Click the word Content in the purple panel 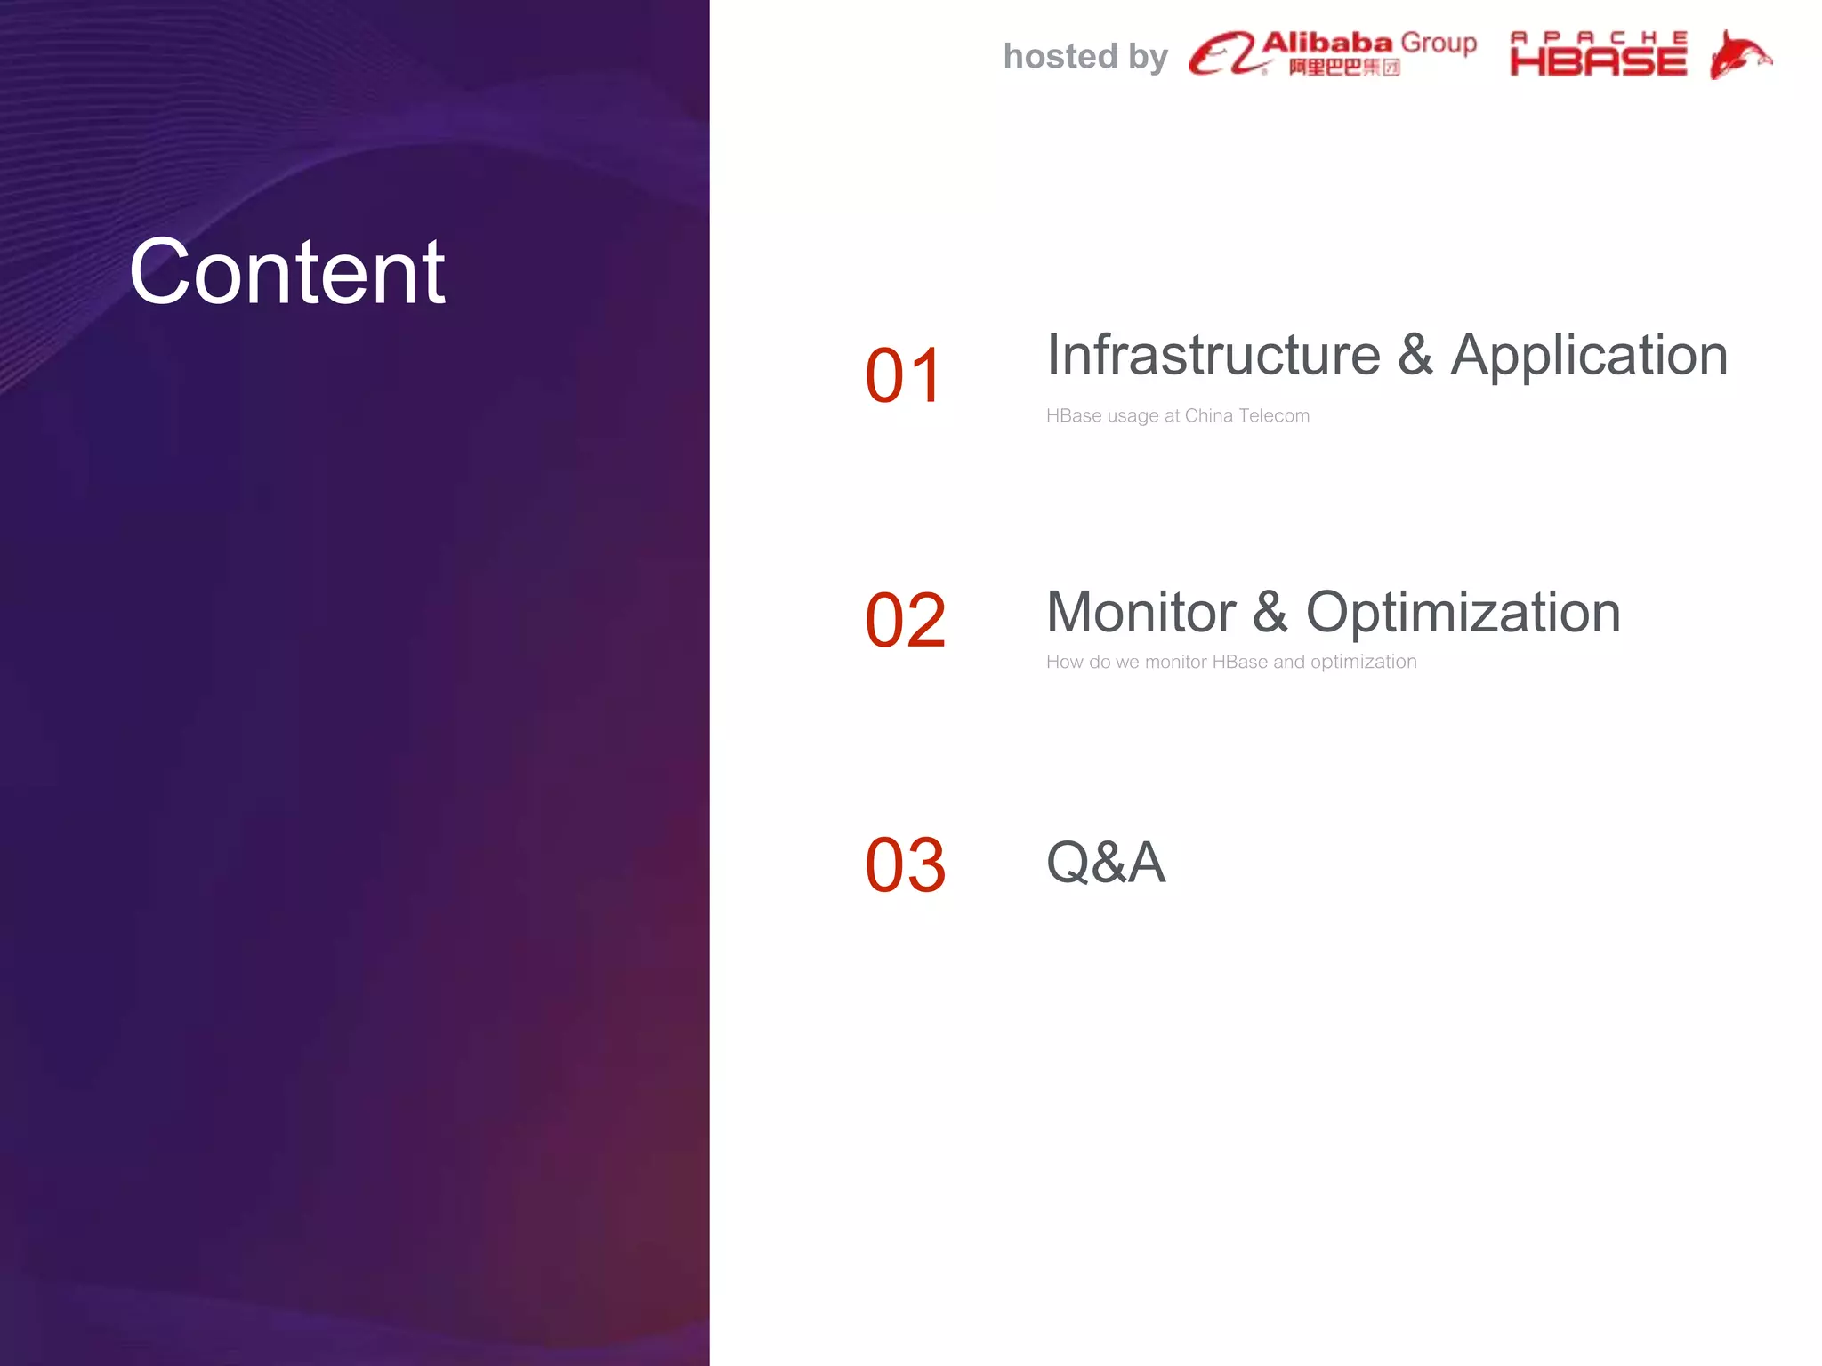(x=286, y=272)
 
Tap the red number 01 (x=903, y=376)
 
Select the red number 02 (x=905, y=621)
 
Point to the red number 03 (x=905, y=865)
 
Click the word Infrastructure (x=1213, y=355)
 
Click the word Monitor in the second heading (x=1141, y=613)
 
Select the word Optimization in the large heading (x=1463, y=614)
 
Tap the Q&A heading (x=1105, y=863)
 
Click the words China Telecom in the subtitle (x=1246, y=415)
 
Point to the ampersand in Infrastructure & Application (x=1415, y=355)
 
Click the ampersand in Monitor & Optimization (x=1270, y=613)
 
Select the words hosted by (x=1084, y=57)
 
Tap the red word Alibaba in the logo (x=1326, y=42)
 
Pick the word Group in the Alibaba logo (x=1438, y=44)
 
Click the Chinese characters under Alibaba (x=1343, y=68)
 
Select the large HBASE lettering (x=1598, y=61)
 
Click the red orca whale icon (x=1739, y=55)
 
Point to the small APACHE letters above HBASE (x=1598, y=37)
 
